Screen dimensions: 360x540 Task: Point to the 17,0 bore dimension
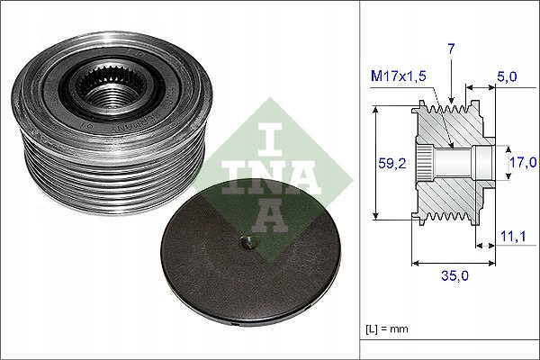(523, 162)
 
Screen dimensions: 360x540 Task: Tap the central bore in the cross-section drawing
(454, 163)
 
